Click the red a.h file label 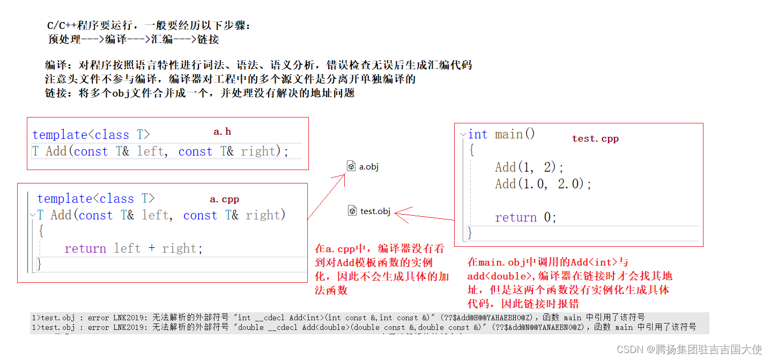(222, 131)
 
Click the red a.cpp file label (224, 199)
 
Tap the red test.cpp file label (595, 138)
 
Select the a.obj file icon (352, 166)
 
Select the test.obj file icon (352, 211)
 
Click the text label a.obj (369, 167)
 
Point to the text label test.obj (375, 211)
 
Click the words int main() (501, 134)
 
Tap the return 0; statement (525, 217)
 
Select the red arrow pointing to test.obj (424, 217)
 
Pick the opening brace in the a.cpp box (41, 232)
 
